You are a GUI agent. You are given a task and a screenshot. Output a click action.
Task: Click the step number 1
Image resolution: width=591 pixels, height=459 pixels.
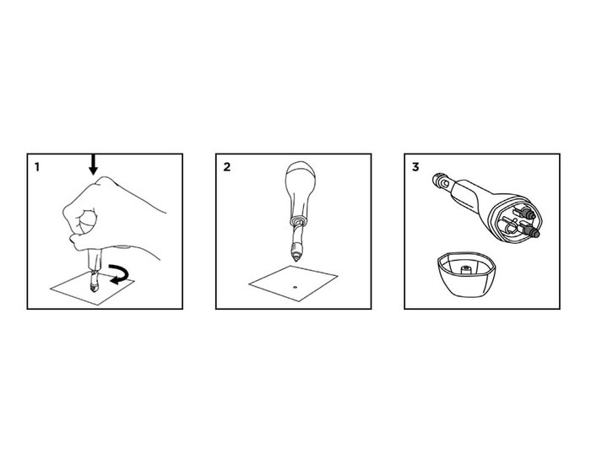point(36,167)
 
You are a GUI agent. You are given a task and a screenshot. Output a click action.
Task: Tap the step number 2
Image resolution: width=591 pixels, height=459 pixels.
point(226,167)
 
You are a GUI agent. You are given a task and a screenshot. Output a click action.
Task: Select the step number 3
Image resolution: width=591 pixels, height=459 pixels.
point(415,167)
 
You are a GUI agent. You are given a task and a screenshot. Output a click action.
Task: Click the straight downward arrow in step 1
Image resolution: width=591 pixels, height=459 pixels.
point(93,165)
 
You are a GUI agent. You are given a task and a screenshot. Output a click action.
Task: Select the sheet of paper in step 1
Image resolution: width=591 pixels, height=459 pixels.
point(93,288)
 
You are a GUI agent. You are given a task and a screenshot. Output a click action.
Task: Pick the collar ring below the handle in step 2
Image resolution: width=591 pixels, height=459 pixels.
point(299,220)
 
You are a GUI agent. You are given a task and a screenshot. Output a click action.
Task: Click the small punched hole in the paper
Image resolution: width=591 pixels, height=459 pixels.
point(295,287)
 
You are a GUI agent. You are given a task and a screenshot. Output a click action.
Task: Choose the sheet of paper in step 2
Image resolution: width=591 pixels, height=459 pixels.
point(293,283)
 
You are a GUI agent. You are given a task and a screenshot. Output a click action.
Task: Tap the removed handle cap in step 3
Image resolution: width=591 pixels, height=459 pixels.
point(466,274)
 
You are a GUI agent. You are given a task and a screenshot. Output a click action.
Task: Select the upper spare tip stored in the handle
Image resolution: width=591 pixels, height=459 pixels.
point(525,213)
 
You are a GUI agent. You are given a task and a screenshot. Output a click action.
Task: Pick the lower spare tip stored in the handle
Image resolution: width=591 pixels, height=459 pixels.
point(529,229)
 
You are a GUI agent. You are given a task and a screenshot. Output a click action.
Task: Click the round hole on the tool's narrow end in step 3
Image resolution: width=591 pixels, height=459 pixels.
point(447,183)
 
